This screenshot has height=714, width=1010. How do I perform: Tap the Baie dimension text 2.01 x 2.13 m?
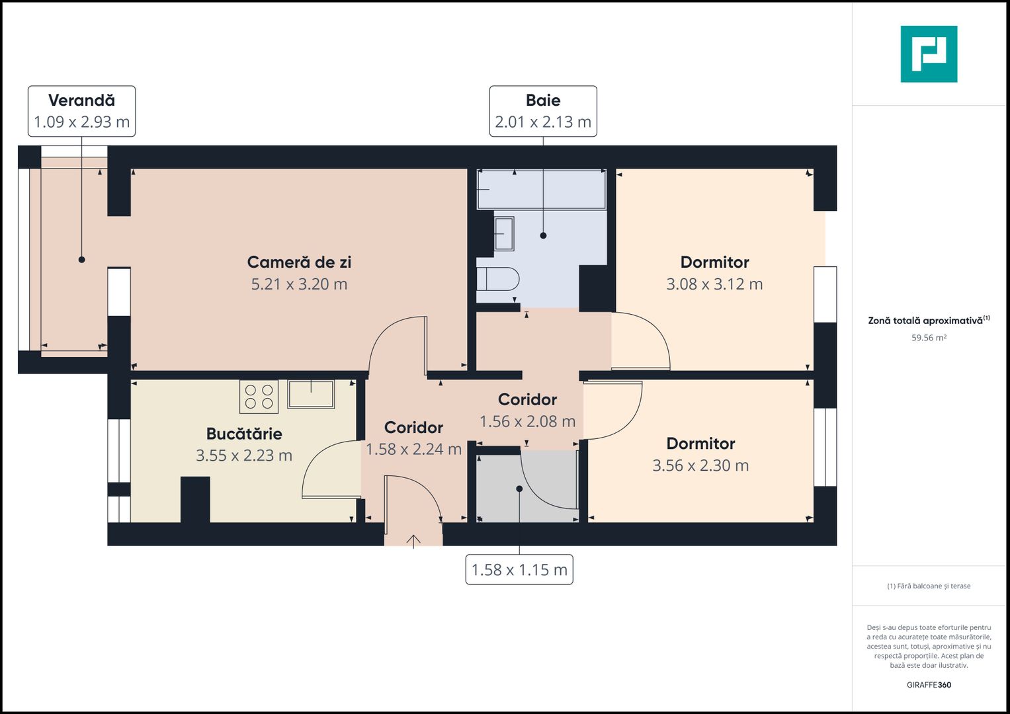[x=543, y=122]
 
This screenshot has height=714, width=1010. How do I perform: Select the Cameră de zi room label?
[x=299, y=262]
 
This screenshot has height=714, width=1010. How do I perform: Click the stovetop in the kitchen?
[x=259, y=397]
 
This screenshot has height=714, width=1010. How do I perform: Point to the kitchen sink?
[x=311, y=394]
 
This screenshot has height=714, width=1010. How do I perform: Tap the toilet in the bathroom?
[x=497, y=279]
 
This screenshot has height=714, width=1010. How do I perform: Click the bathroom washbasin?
[x=503, y=234]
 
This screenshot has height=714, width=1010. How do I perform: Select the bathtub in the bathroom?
[x=541, y=189]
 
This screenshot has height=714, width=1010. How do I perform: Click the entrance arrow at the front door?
[x=413, y=541]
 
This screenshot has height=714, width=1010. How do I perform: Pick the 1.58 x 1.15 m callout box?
[x=519, y=570]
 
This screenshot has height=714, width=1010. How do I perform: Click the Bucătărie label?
[x=244, y=434]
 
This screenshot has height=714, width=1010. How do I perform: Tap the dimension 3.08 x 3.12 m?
[x=714, y=284]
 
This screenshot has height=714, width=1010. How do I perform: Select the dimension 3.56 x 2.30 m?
[x=700, y=466]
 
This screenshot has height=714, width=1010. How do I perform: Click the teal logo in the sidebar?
[x=929, y=54]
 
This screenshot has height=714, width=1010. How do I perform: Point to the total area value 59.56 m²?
[x=929, y=338]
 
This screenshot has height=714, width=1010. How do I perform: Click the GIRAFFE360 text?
[x=929, y=685]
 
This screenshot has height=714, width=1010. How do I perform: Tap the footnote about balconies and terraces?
[x=929, y=586]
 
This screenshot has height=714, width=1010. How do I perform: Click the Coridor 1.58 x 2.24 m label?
[x=413, y=438]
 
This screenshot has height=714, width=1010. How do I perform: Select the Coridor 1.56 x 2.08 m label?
[x=527, y=411]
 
